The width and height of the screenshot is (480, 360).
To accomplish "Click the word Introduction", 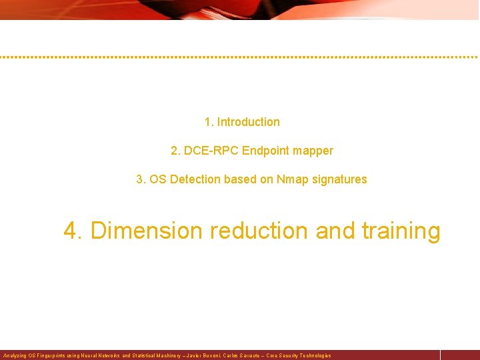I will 248,122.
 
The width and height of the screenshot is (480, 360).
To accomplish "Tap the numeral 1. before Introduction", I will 209,122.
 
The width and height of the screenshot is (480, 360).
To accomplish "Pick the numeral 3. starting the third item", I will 141,179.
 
